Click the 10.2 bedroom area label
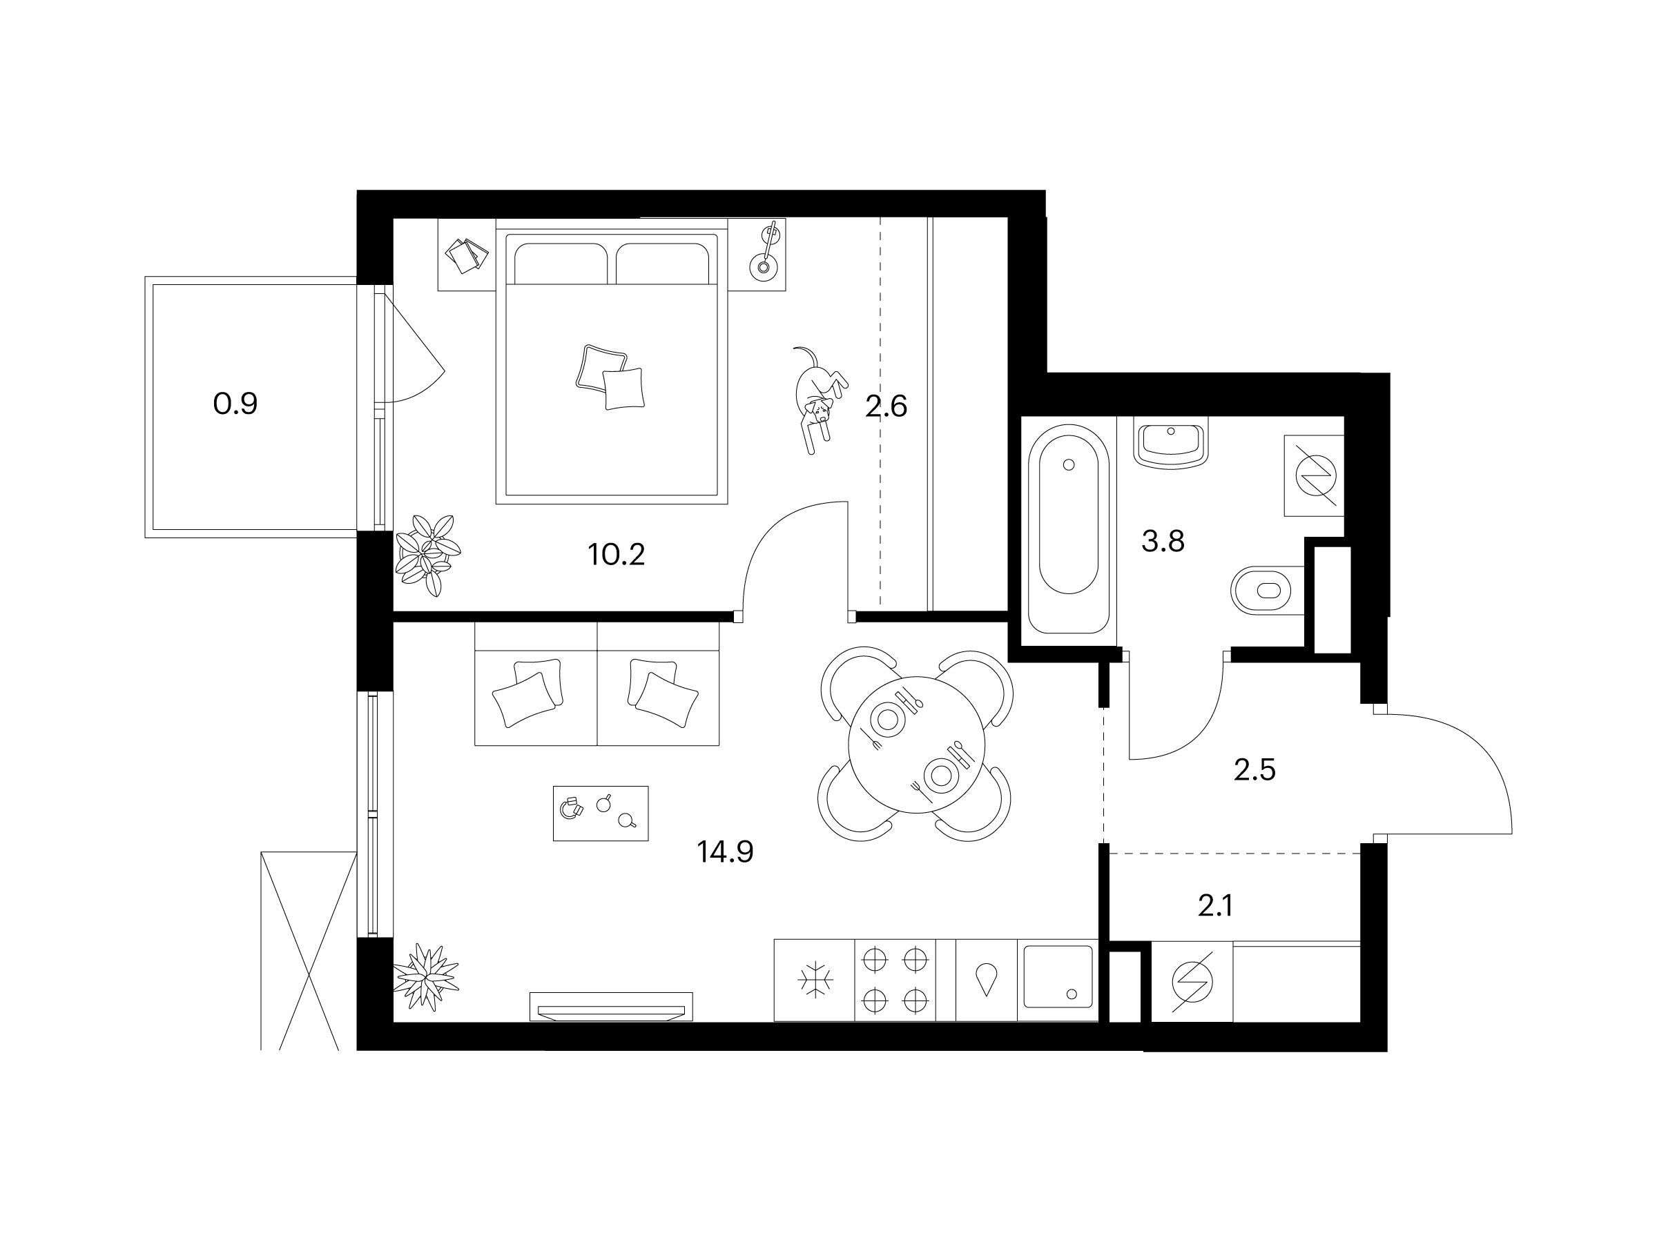pos(617,555)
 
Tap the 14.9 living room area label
pos(725,851)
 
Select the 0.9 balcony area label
pos(235,404)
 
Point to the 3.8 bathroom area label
pos(1163,540)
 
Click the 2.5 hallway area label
pos(1254,769)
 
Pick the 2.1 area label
pos(1216,907)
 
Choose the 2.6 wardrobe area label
pos(886,406)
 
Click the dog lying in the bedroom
pos(819,399)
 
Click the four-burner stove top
pos(895,980)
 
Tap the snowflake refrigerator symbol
pos(814,980)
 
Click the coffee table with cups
pos(601,813)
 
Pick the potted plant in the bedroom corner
pos(426,555)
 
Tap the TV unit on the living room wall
pos(611,1006)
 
